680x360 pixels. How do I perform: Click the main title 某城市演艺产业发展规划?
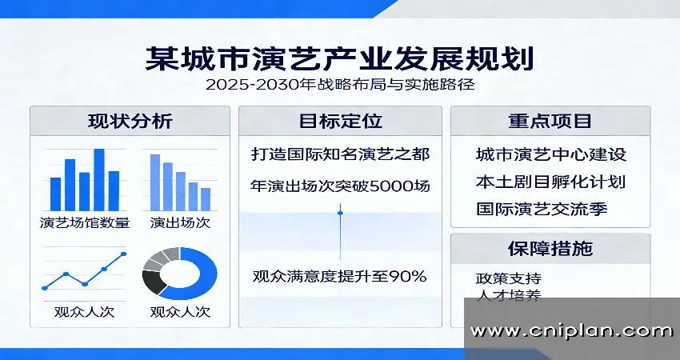pyautogui.click(x=339, y=59)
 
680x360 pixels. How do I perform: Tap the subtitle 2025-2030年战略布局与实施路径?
pyautogui.click(x=340, y=85)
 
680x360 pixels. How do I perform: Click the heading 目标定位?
pyautogui.click(x=340, y=122)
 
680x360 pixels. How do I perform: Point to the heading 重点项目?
pyautogui.click(x=550, y=122)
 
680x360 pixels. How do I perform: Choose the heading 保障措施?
pyautogui.click(x=550, y=248)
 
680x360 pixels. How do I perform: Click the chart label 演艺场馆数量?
pyautogui.click(x=84, y=222)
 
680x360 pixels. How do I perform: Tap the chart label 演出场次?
pyautogui.click(x=180, y=222)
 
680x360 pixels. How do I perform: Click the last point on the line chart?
pyautogui.click(x=123, y=254)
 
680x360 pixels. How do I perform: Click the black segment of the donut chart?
pyautogui.click(x=152, y=282)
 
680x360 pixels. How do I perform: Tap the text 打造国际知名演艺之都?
pyautogui.click(x=340, y=152)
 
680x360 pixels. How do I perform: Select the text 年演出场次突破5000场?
pyautogui.click(x=340, y=186)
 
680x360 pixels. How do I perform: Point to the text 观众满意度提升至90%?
pyautogui.click(x=340, y=278)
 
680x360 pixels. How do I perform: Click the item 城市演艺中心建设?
pyautogui.click(x=550, y=154)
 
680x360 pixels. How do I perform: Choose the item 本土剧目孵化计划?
pyautogui.click(x=550, y=182)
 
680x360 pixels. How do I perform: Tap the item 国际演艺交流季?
pyautogui.click(x=550, y=211)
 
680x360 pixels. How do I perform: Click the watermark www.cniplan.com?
pyautogui.click(x=571, y=330)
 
